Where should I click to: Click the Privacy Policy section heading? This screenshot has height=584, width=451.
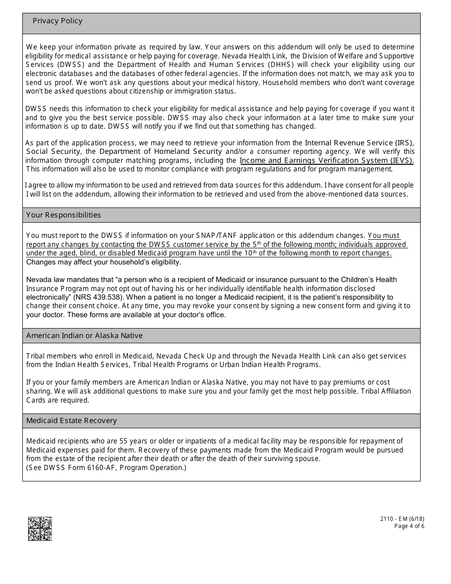57,21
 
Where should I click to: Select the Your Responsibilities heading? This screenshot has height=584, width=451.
64,215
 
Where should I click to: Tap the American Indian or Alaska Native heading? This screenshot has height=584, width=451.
85,336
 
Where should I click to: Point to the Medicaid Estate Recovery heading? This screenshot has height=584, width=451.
71,421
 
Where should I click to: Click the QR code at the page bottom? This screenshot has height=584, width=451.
40,528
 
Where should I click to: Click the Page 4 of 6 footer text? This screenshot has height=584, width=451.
409,526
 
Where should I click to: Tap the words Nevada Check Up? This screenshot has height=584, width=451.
184,356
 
